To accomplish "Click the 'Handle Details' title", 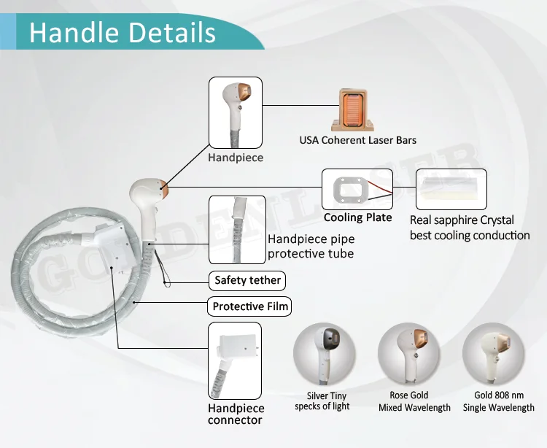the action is click(122, 32).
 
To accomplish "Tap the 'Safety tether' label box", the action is click(247, 280).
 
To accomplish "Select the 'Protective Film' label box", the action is click(250, 306).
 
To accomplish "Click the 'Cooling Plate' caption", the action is click(357, 217).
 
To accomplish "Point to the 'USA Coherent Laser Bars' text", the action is click(358, 140).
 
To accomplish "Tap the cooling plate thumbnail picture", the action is click(357, 190).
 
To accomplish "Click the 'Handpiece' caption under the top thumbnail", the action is click(236, 157).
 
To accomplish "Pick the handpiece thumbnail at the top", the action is click(236, 114).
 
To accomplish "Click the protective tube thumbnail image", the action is click(235, 229).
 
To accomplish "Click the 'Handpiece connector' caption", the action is click(236, 414).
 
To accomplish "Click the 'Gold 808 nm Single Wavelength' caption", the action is click(498, 402).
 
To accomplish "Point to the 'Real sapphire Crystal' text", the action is click(462, 220).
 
